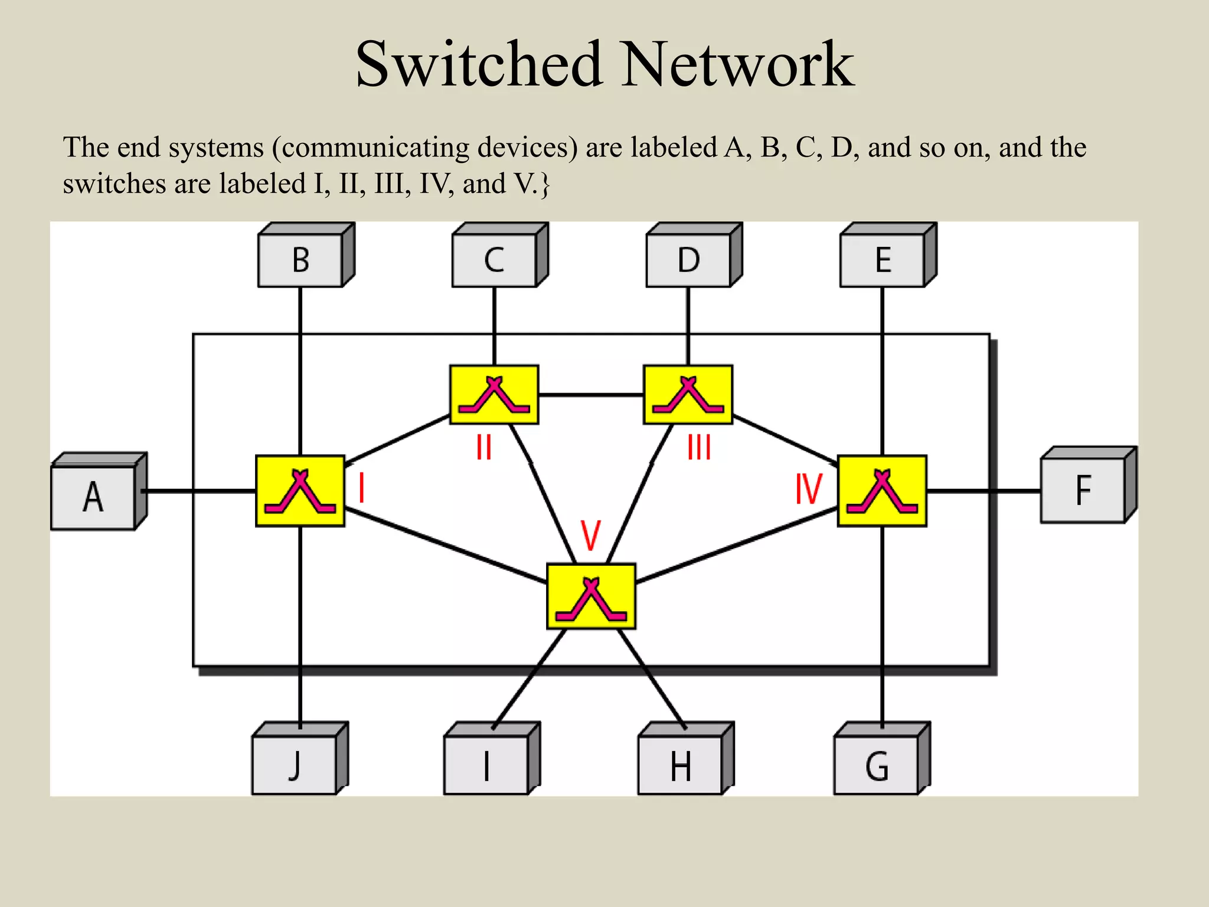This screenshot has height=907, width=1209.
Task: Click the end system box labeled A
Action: [x=93, y=497]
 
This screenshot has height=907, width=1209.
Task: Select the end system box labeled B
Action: [x=300, y=260]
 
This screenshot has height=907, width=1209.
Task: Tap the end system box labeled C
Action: [x=494, y=260]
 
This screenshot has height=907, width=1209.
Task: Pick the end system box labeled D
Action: [x=688, y=260]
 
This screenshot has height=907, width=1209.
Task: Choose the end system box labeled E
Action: [x=883, y=260]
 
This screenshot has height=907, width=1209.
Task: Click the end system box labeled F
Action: [x=1083, y=490]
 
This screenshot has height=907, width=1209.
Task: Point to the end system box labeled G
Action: [x=877, y=766]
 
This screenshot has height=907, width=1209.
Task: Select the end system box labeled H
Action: [x=680, y=766]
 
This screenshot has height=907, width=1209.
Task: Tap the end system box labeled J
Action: [x=295, y=766]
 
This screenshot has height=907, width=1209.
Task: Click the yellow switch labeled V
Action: [x=591, y=596]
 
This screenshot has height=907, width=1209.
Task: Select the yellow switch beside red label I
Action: [x=300, y=491]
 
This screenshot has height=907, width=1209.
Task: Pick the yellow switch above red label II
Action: [x=494, y=394]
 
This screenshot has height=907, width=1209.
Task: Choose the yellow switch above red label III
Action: [x=688, y=394]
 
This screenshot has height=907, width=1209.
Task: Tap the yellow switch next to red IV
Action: [x=882, y=491]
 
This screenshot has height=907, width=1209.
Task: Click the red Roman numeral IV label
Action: [x=808, y=489]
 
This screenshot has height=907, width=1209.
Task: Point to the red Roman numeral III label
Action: [x=699, y=447]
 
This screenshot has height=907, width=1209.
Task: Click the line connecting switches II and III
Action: [x=590, y=394]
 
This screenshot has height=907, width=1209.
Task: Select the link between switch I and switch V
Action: [x=446, y=546]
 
